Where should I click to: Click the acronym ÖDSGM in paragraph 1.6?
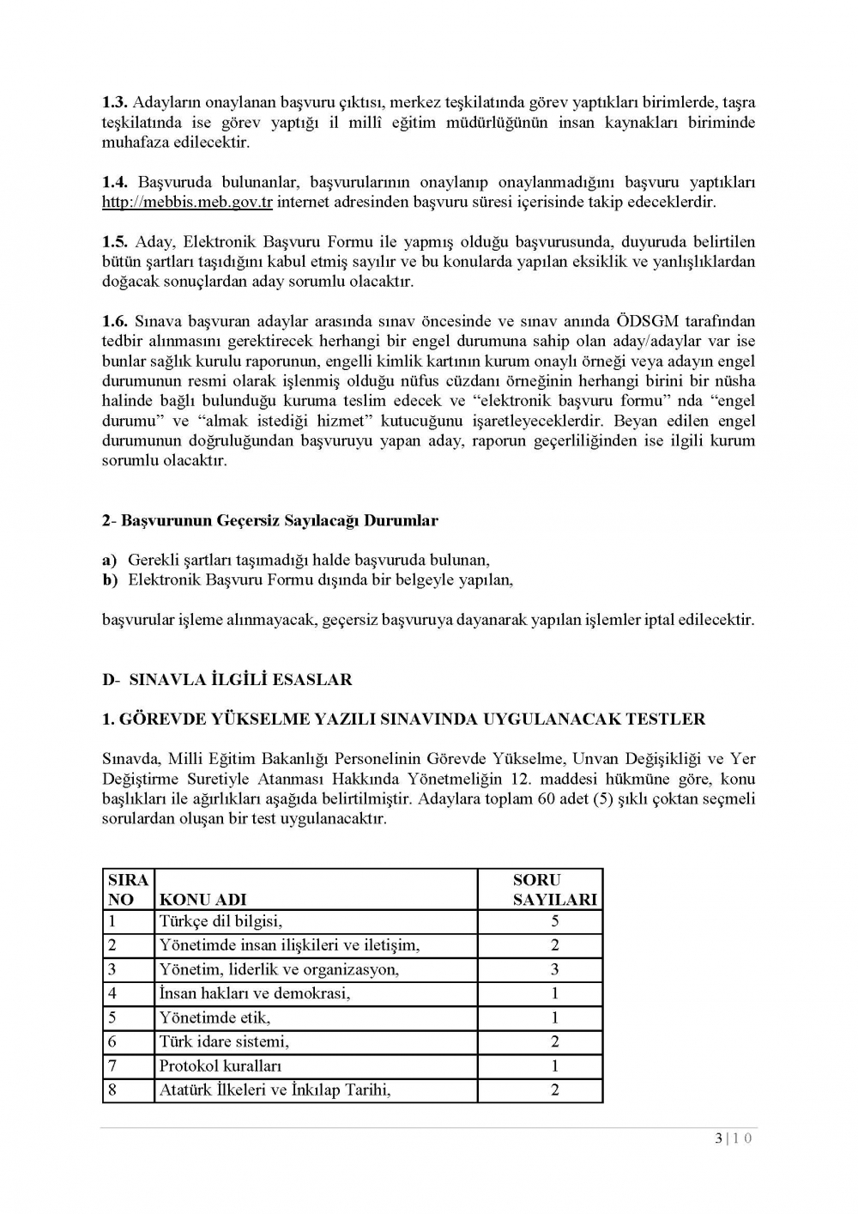pyautogui.click(x=648, y=322)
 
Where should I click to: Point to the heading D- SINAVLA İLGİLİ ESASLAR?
pyautogui.click(x=227, y=680)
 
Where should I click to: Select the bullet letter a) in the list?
pyautogui.click(x=110, y=561)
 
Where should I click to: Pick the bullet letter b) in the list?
pyautogui.click(x=110, y=580)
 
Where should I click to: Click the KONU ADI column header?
pyautogui.click(x=202, y=900)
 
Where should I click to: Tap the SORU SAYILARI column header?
pyautogui.click(x=554, y=889)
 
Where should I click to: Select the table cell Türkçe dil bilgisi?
pyautogui.click(x=221, y=922)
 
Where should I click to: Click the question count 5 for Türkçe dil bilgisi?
pyautogui.click(x=555, y=922)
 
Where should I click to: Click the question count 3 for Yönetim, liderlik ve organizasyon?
pyautogui.click(x=555, y=970)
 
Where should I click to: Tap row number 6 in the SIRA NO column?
pyautogui.click(x=112, y=1042)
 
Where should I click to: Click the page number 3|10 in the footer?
pyautogui.click(x=733, y=1139)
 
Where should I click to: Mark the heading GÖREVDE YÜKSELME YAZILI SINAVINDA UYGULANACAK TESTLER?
pyautogui.click(x=403, y=719)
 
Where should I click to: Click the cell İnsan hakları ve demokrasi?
pyautogui.click(x=254, y=994)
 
